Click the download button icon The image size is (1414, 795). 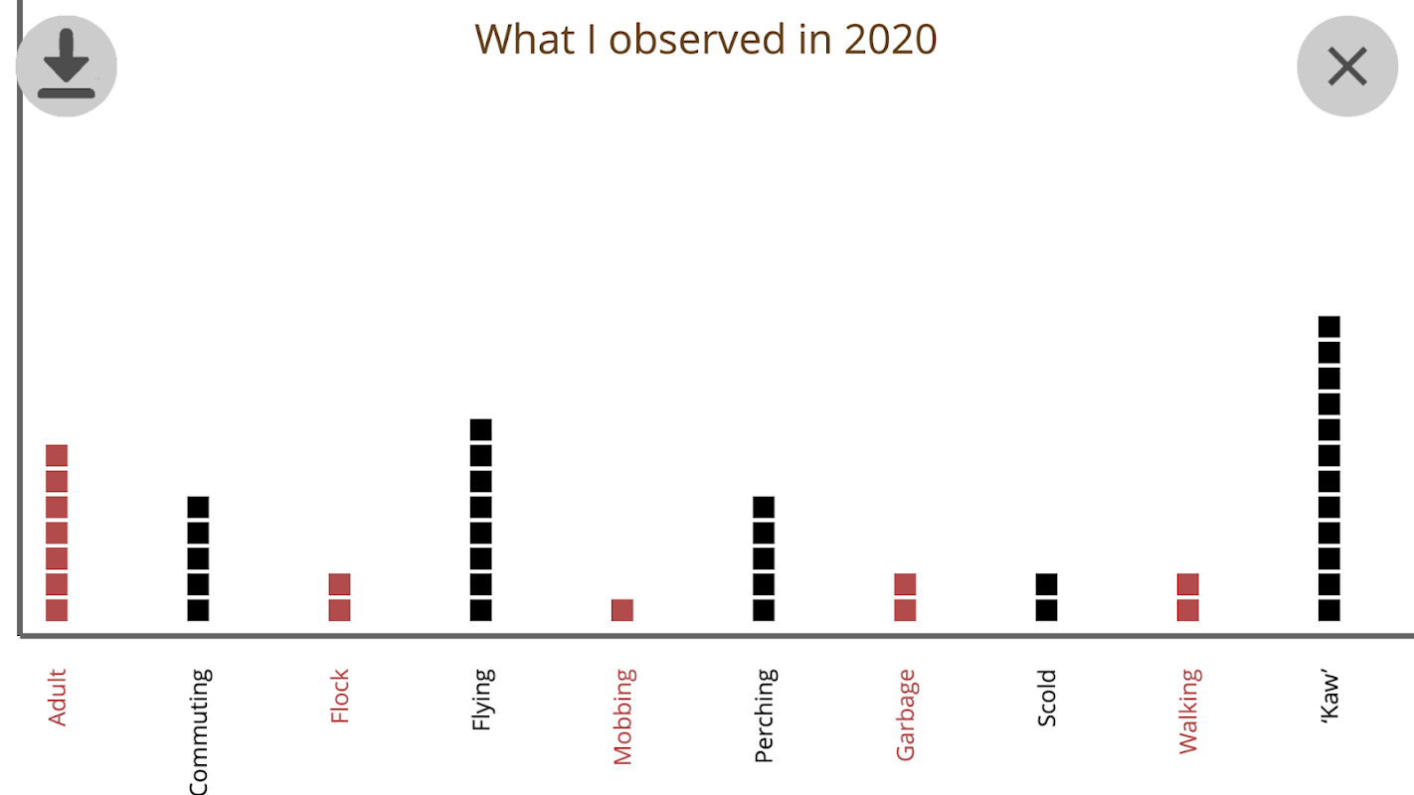pyautogui.click(x=67, y=66)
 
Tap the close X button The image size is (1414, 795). pyautogui.click(x=1347, y=67)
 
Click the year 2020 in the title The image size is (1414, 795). pyautogui.click(x=890, y=40)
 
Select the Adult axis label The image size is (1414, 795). pyautogui.click(x=57, y=698)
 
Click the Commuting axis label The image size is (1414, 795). pyautogui.click(x=199, y=731)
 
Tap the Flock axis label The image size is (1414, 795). pyautogui.click(x=340, y=697)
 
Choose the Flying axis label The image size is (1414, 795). pyautogui.click(x=481, y=701)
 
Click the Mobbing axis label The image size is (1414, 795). pyautogui.click(x=622, y=716)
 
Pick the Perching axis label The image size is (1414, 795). pyautogui.click(x=764, y=715)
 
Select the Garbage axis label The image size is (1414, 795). pyautogui.click(x=905, y=715)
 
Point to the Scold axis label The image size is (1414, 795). pyautogui.click(x=1046, y=699)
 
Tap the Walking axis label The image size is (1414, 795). pyautogui.click(x=1188, y=712)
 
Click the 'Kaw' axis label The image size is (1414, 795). pyautogui.click(x=1329, y=698)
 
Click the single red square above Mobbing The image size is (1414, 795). pyautogui.click(x=622, y=610)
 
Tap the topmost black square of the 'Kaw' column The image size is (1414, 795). pyautogui.click(x=1329, y=327)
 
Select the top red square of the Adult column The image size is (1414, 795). pyautogui.click(x=57, y=456)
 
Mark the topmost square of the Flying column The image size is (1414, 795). pyautogui.click(x=481, y=430)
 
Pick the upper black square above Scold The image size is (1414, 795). pyautogui.click(x=1046, y=584)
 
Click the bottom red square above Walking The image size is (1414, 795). pyautogui.click(x=1188, y=610)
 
